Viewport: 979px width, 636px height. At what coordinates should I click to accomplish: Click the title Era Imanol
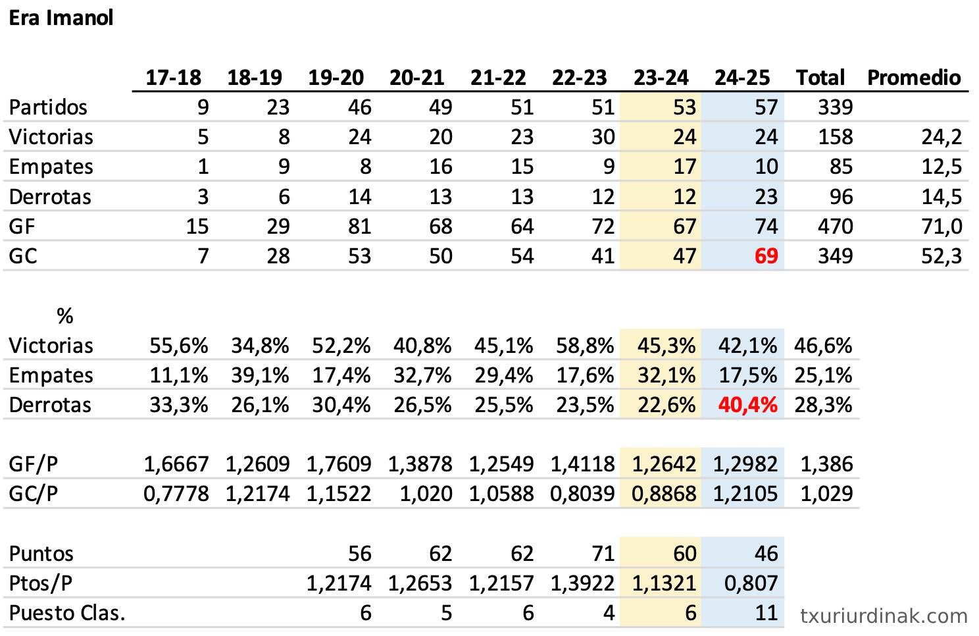point(61,18)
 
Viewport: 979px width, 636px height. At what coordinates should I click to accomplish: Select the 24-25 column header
point(742,78)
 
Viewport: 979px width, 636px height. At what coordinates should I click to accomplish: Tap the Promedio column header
point(914,78)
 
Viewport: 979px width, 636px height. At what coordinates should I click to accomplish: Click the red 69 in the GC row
point(766,255)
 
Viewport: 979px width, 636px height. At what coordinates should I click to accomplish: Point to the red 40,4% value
point(747,404)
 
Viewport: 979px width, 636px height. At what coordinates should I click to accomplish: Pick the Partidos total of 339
point(835,107)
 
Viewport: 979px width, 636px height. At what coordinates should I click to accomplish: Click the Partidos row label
point(48,107)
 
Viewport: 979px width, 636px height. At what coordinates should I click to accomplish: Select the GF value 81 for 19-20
point(359,226)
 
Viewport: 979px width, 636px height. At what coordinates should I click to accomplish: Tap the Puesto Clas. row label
point(67,613)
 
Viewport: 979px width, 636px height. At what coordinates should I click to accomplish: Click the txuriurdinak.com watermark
point(884,616)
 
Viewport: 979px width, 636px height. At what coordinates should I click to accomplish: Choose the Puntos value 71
point(603,553)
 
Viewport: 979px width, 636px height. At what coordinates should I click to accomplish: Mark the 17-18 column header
point(173,78)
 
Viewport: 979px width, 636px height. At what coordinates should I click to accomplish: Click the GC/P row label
point(33,493)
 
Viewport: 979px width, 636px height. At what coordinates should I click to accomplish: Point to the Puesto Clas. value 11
point(766,613)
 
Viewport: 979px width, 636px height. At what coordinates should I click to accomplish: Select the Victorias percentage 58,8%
point(585,345)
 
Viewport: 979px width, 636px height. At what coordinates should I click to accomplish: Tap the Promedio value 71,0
point(941,226)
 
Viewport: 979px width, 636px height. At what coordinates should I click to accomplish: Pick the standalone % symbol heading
point(64,316)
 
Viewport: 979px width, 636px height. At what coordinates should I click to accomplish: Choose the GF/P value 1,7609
point(339,464)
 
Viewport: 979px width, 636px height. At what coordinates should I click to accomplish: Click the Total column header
point(820,78)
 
